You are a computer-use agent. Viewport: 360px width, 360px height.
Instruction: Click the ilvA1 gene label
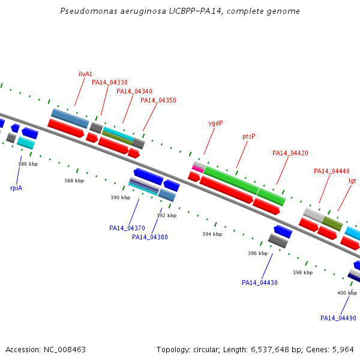85,74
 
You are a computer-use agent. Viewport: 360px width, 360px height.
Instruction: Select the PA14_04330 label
110,82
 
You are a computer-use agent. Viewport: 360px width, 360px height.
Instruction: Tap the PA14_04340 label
134,91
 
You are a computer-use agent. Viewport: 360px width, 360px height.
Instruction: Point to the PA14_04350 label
158,100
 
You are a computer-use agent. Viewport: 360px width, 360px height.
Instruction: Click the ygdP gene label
215,124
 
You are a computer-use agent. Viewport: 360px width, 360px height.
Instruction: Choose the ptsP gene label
249,136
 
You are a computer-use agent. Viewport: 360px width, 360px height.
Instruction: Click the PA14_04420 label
290,153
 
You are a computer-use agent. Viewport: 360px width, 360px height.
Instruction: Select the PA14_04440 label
332,171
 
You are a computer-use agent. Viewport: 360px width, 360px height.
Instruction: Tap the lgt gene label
352,181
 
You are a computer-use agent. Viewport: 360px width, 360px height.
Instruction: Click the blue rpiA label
16,188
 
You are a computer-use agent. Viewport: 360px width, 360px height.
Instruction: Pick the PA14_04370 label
127,228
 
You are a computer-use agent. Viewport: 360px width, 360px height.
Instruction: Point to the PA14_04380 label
149,237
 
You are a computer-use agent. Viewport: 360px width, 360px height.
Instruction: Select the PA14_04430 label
260,283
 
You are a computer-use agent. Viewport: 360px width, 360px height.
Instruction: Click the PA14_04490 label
338,318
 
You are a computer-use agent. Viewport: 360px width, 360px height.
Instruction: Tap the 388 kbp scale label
74,181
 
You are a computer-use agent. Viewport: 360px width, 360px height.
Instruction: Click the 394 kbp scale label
212,234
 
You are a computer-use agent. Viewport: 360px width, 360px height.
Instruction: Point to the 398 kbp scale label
302,272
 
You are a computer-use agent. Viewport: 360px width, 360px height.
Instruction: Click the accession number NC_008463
65,350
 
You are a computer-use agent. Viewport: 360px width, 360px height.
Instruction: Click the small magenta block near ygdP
198,169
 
